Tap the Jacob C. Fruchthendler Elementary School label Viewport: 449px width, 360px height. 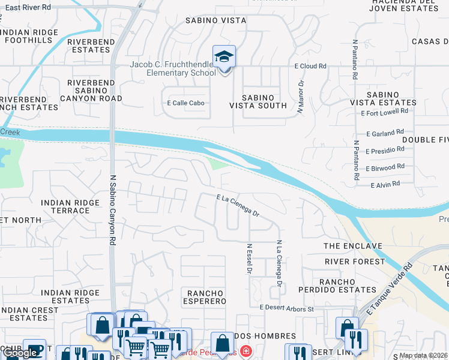coord(173,69)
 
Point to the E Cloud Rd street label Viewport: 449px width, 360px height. coord(310,66)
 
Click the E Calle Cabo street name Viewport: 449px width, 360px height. coord(185,103)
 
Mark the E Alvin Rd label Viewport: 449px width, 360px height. coord(385,185)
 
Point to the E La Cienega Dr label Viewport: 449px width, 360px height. coord(238,205)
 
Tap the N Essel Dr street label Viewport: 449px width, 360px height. coord(249,259)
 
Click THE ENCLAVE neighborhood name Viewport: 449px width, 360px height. coord(352,247)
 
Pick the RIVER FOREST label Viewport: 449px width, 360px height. coord(355,262)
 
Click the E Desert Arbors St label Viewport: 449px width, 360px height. coord(287,308)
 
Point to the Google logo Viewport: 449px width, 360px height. coord(20,353)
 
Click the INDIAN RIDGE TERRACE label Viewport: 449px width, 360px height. coord(65,207)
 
